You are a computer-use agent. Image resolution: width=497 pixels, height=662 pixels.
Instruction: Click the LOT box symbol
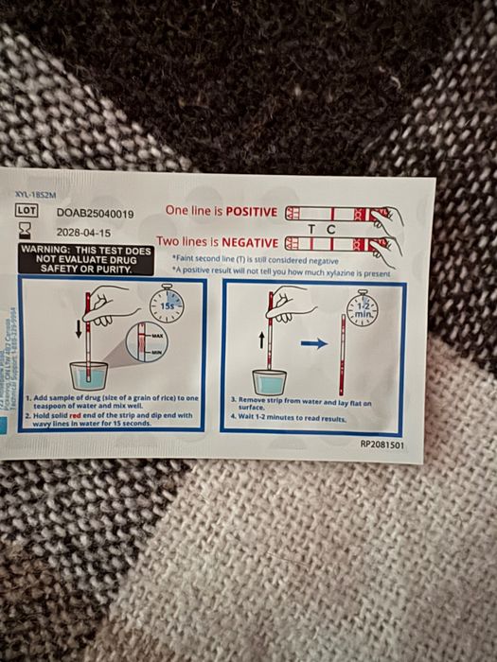(x=26, y=213)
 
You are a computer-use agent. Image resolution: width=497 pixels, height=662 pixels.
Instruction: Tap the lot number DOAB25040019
(x=95, y=215)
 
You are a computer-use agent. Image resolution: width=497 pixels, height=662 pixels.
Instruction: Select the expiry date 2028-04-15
(x=83, y=232)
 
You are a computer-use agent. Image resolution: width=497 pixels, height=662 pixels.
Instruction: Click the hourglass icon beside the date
(x=26, y=231)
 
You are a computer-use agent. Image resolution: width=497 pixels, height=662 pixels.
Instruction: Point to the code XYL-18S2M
(x=36, y=195)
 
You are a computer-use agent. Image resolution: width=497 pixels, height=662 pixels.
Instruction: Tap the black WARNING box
(x=86, y=259)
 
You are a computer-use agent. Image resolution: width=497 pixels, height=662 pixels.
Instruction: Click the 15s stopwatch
(x=167, y=305)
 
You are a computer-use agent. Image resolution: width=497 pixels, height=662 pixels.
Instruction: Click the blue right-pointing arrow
(x=312, y=344)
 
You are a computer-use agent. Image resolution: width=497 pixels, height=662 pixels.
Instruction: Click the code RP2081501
(x=382, y=442)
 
